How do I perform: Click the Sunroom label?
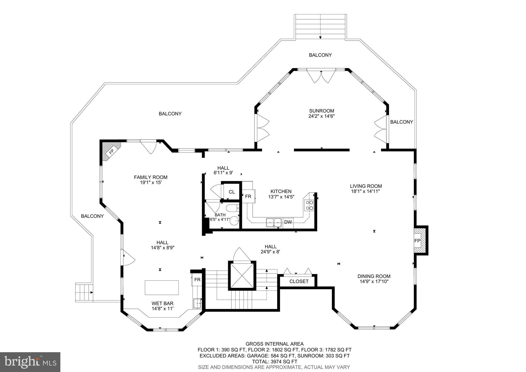(321, 111)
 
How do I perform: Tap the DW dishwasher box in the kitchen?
(288, 222)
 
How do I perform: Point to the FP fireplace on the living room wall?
(417, 241)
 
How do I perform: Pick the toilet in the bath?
(232, 208)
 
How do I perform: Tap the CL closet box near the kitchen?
(232, 192)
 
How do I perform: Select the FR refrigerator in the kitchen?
(248, 196)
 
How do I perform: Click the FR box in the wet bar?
(197, 280)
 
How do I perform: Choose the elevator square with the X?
(242, 276)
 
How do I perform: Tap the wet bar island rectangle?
(162, 288)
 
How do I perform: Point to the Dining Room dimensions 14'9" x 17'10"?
(374, 282)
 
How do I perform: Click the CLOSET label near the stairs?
(299, 282)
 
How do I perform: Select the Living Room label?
(366, 186)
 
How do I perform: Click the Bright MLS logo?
(30, 362)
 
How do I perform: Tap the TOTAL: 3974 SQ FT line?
(274, 361)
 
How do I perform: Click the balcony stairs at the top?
(320, 27)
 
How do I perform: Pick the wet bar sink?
(197, 303)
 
